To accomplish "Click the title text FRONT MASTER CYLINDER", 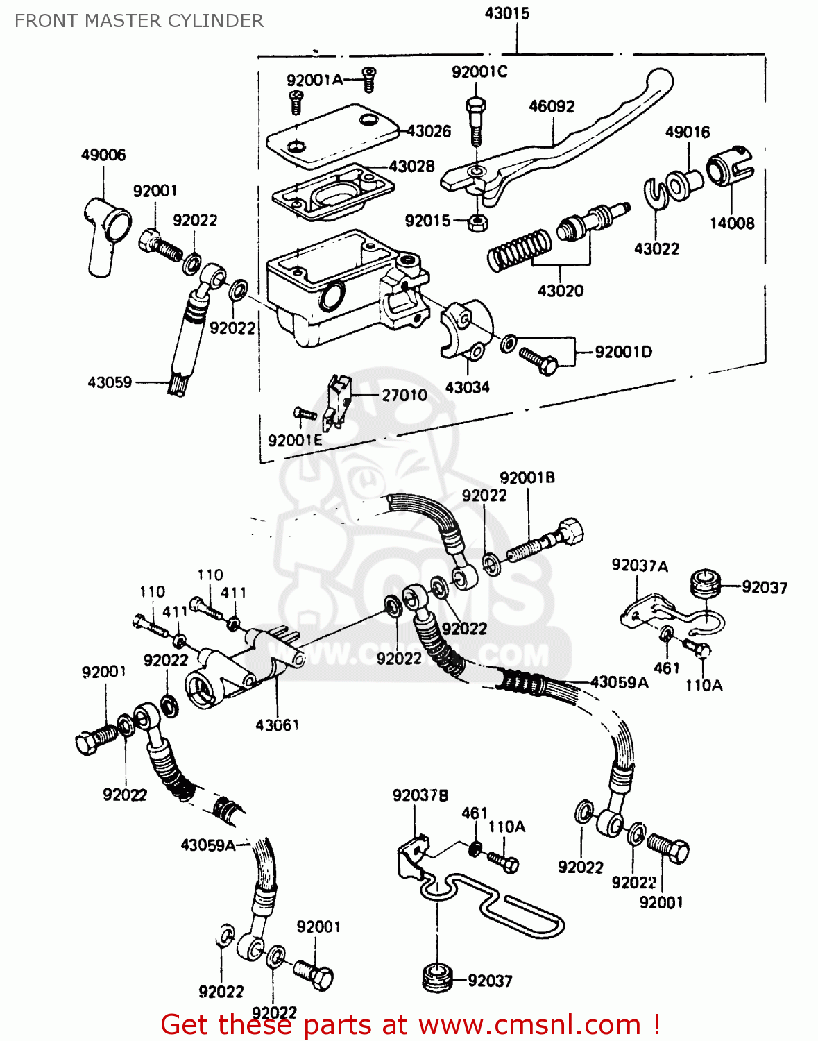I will pos(139,21).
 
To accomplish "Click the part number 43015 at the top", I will pos(507,13).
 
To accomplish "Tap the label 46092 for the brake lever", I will pos(552,106).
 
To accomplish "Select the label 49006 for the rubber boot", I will pos(103,155).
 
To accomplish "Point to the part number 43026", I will pos(429,131).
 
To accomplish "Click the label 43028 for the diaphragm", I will pos(411,167).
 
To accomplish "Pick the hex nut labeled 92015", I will pos(477,222).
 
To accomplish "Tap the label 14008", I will pos(731,223).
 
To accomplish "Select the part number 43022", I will pos(656,248).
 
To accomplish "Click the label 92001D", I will pos(623,352).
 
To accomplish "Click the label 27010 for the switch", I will pos(404,395).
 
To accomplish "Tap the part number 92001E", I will pos(295,440).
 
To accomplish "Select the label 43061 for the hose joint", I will pos(277,725).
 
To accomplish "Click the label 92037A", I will pos(639,566).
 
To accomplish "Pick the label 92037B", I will pos(420,795).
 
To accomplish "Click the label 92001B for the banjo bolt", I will pos(527,477).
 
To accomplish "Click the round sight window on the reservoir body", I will pos(330,296).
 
